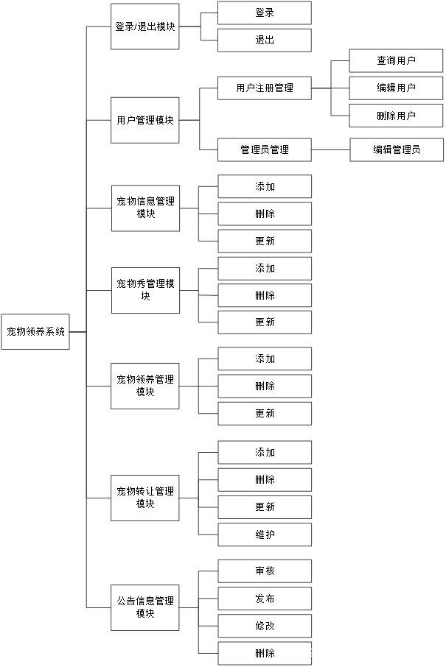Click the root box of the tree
coord(35,331)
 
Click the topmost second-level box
coord(145,27)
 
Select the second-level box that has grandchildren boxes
coord(145,120)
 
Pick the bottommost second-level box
coord(145,607)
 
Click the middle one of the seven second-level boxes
coord(145,290)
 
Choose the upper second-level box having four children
coord(145,498)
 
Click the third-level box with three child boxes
coord(265,88)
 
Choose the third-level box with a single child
coord(265,149)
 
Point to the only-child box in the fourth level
coord(397,149)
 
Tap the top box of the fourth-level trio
coord(396,61)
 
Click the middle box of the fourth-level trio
coord(396,88)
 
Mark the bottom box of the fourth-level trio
coord(396,116)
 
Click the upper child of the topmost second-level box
coord(265,13)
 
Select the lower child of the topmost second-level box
coord(265,40)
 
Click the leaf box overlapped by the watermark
coord(265,653)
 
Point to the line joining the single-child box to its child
coord(330,149)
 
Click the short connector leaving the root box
coord(77,332)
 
